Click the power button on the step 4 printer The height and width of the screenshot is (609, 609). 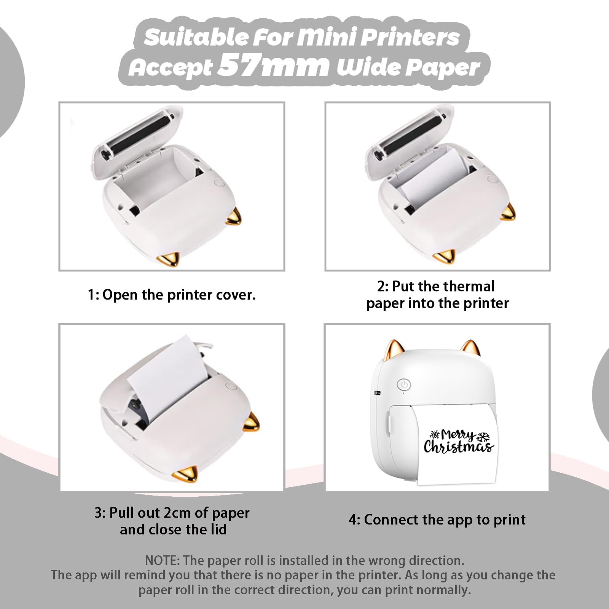tap(404, 385)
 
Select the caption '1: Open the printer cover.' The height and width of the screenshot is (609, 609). tap(172, 295)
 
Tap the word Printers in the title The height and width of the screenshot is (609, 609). tap(410, 37)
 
